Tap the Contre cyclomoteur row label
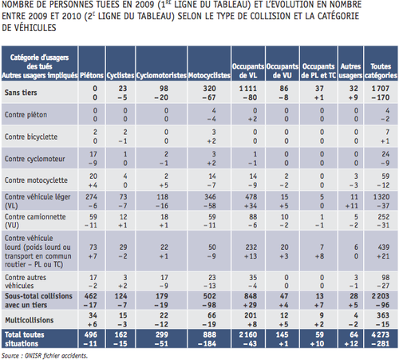tap(33, 156)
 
